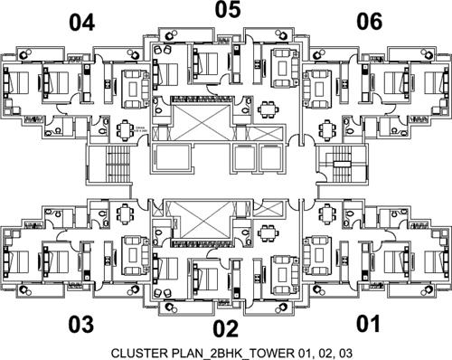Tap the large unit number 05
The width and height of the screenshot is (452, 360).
(x=227, y=11)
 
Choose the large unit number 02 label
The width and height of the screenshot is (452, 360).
(x=224, y=328)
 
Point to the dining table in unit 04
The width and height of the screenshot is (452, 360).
(x=125, y=130)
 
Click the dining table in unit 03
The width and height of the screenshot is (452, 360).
(x=125, y=210)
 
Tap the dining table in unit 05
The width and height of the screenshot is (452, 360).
(x=268, y=110)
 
